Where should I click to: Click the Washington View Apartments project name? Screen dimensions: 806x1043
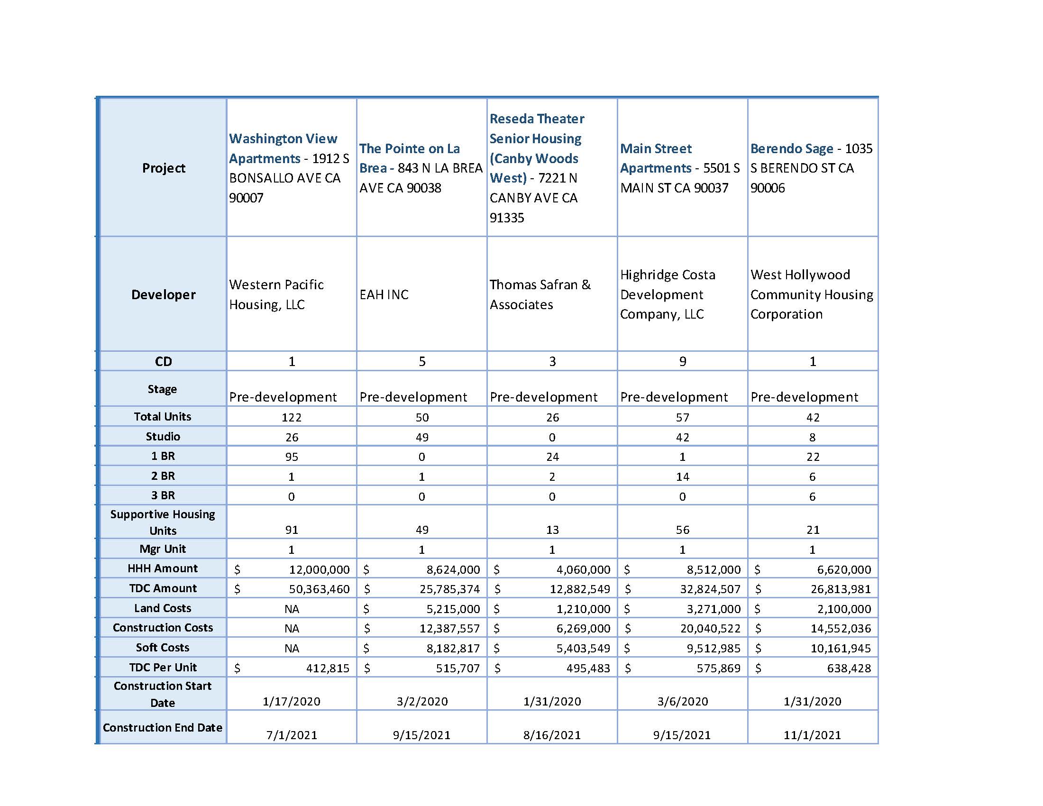283,148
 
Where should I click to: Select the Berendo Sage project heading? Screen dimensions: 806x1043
791,148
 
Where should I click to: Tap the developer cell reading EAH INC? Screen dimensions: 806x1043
384,294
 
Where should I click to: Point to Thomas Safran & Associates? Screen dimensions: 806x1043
540,294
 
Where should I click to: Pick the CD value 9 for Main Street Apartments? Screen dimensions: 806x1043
682,361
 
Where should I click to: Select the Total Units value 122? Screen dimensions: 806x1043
291,417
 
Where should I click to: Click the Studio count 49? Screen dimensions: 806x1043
421,437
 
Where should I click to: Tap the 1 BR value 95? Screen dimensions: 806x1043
291,457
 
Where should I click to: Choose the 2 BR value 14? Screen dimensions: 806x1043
682,476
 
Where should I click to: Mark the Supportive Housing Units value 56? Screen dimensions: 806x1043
682,530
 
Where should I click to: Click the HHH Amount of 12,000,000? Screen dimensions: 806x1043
319,569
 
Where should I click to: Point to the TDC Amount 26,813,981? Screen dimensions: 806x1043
841,589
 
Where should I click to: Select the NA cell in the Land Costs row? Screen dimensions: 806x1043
291,609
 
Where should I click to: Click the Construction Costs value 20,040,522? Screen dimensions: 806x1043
710,628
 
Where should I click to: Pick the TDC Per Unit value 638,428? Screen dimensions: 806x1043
849,668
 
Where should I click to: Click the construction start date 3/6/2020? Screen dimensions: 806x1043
682,701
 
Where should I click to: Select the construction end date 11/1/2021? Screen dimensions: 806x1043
812,735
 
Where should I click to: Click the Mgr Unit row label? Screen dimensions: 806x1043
163,549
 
